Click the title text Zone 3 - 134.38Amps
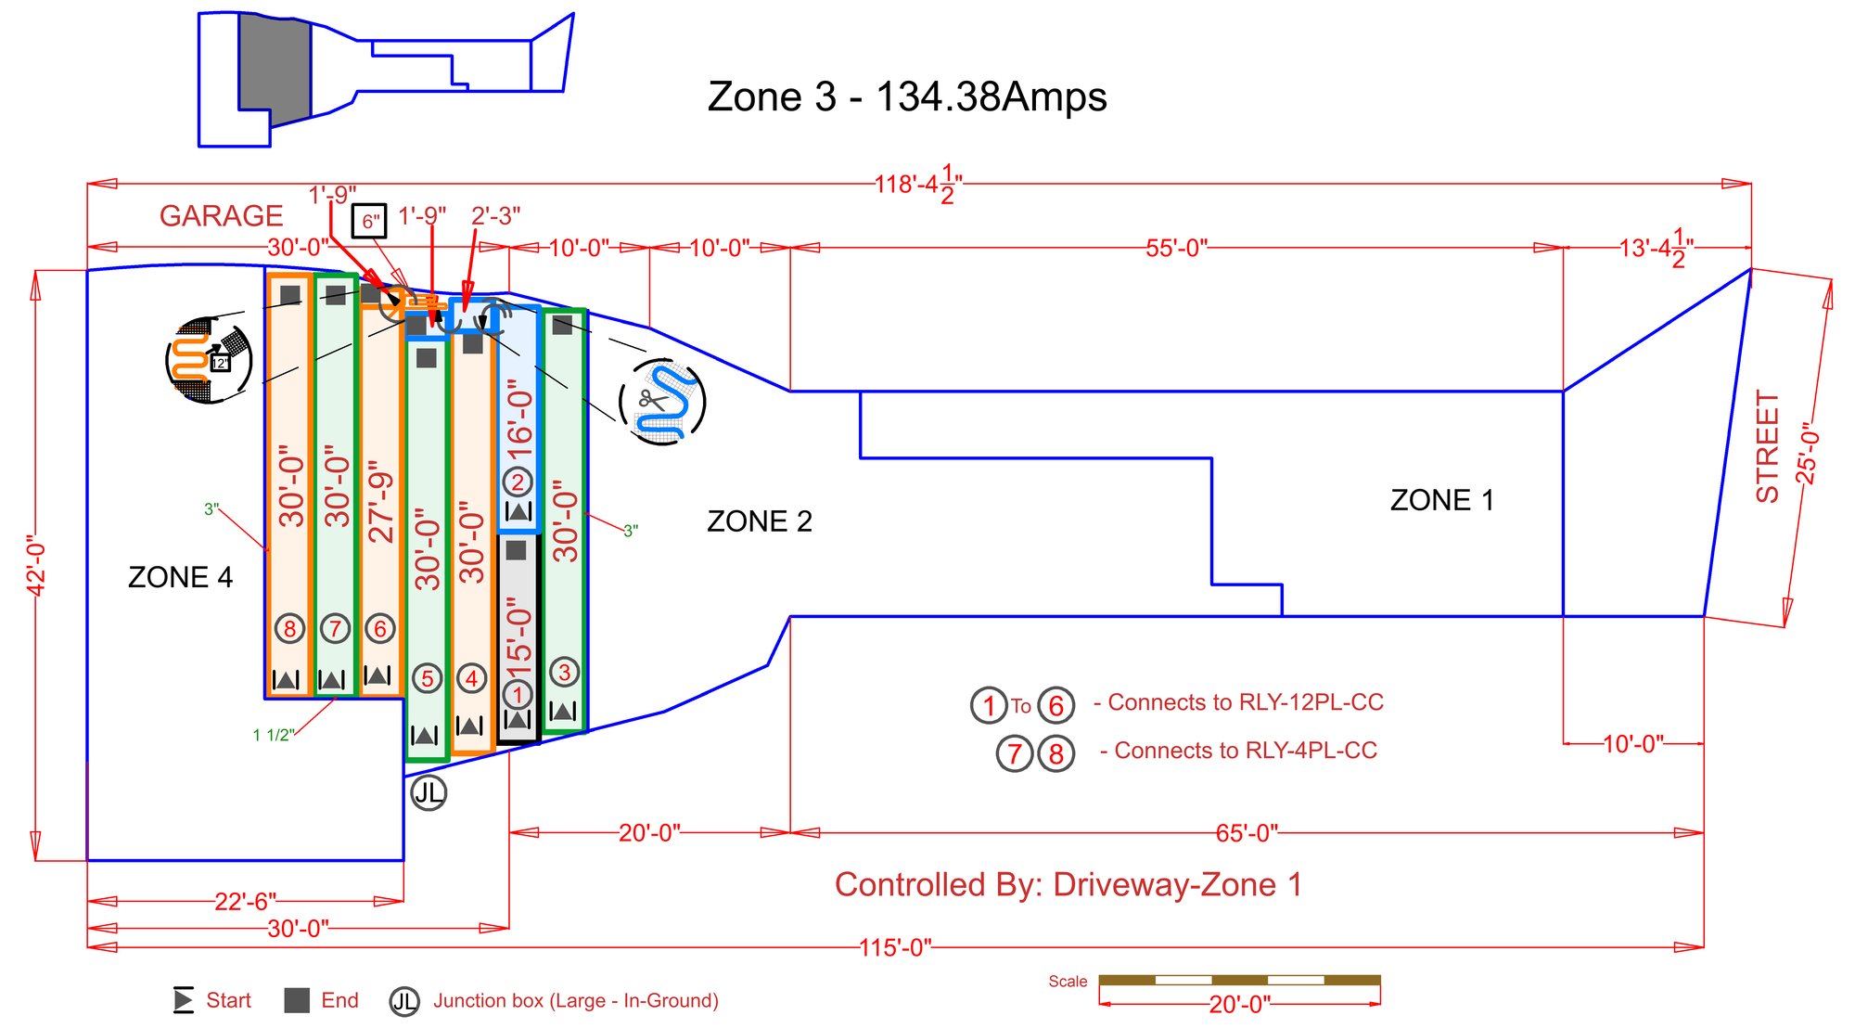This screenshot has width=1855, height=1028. coord(906,96)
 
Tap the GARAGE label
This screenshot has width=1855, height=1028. coord(221,215)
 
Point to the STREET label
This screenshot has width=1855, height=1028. coord(1768,446)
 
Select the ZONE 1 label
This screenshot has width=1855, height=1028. coord(1441,500)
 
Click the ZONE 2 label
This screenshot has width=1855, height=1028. coord(759,521)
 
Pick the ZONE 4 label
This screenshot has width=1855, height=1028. coord(180,577)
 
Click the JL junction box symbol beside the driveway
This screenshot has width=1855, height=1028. coord(429,793)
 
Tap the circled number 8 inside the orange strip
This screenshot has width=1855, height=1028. coord(290,629)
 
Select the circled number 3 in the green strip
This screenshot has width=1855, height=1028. coord(564,672)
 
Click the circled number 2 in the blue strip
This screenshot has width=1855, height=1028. coord(518,482)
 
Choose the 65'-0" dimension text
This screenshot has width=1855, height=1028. coord(1247,833)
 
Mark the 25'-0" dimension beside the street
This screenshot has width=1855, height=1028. coord(1807,453)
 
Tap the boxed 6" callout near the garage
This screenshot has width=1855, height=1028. coord(369,222)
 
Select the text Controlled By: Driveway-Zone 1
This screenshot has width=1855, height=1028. coord(1068,884)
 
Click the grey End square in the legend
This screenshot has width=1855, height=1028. coord(297,1000)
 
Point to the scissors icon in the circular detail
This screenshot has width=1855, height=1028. coord(652,400)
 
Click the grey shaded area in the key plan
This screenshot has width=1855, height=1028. coord(275,70)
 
